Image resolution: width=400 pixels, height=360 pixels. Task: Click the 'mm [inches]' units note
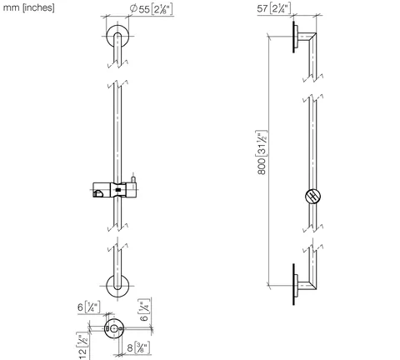coord(28,7)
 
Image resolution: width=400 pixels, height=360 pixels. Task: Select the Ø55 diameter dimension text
coord(152,9)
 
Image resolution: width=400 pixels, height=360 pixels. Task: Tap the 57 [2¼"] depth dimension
coord(274,8)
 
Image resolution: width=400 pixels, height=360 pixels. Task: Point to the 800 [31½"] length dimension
coord(262,152)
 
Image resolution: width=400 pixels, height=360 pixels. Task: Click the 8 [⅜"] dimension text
coord(138,347)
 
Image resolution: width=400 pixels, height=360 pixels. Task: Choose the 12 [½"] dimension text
coord(82,346)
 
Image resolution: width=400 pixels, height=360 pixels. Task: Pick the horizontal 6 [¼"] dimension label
coord(88,307)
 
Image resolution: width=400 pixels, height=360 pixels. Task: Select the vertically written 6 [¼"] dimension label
coord(144,310)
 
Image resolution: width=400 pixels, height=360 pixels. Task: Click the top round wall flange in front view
coord(117,36)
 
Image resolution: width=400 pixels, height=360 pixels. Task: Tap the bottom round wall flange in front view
coord(117,286)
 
